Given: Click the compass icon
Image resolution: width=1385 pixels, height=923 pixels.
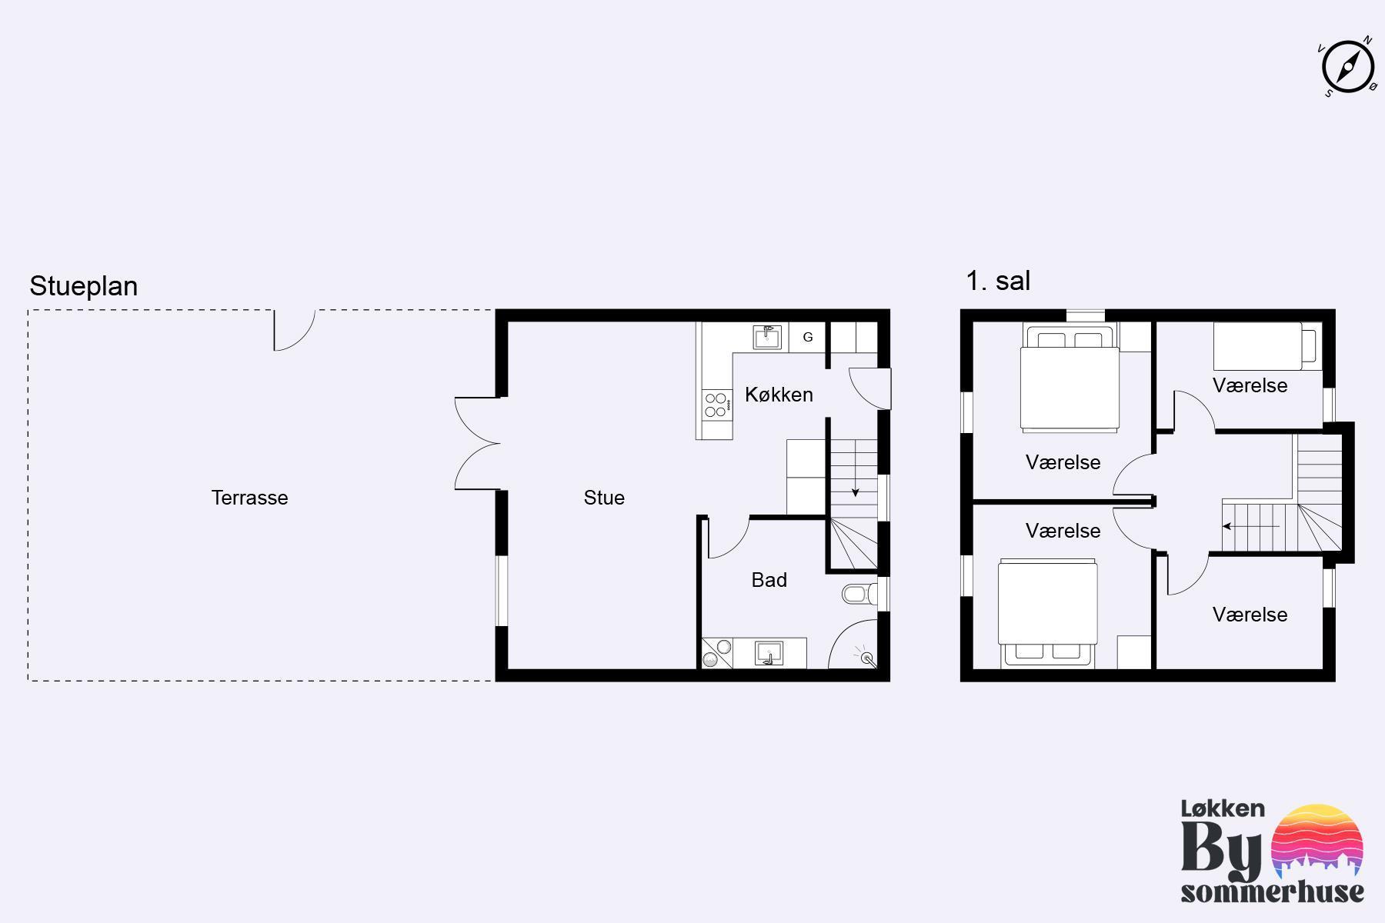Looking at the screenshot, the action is pos(1348,67).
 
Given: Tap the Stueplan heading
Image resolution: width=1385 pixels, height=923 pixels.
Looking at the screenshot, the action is pos(84,286).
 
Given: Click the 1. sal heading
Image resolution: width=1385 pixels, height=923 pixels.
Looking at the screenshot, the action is pos(998,281).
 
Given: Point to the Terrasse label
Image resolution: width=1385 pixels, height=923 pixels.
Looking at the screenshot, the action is pos(250,498).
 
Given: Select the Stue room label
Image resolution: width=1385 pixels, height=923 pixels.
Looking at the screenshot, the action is pos(604,498).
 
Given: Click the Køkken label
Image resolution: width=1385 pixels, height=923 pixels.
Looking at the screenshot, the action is pos(779,395).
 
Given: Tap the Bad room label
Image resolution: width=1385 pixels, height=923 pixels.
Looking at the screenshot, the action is pos(769,580).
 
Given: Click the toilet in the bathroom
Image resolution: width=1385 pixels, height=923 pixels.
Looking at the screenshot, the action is pos(859,593).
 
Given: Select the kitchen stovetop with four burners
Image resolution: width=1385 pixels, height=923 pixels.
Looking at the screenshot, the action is pos(716,405).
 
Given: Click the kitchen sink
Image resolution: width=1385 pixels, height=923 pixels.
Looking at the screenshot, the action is pos(767,337).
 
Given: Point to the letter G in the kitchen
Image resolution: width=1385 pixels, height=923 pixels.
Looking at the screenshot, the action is pos(808,337).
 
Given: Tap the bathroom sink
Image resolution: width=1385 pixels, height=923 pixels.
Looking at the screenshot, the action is pos(769,654).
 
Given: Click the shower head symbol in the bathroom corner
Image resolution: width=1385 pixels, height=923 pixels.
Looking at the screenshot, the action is pos(867,657).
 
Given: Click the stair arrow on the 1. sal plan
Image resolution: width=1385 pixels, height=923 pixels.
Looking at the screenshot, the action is pos(1251,527).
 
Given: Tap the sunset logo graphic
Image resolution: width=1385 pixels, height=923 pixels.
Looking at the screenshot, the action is pos(1317,842).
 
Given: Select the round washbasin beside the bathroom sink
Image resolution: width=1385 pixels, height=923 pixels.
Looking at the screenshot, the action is pos(723,646).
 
